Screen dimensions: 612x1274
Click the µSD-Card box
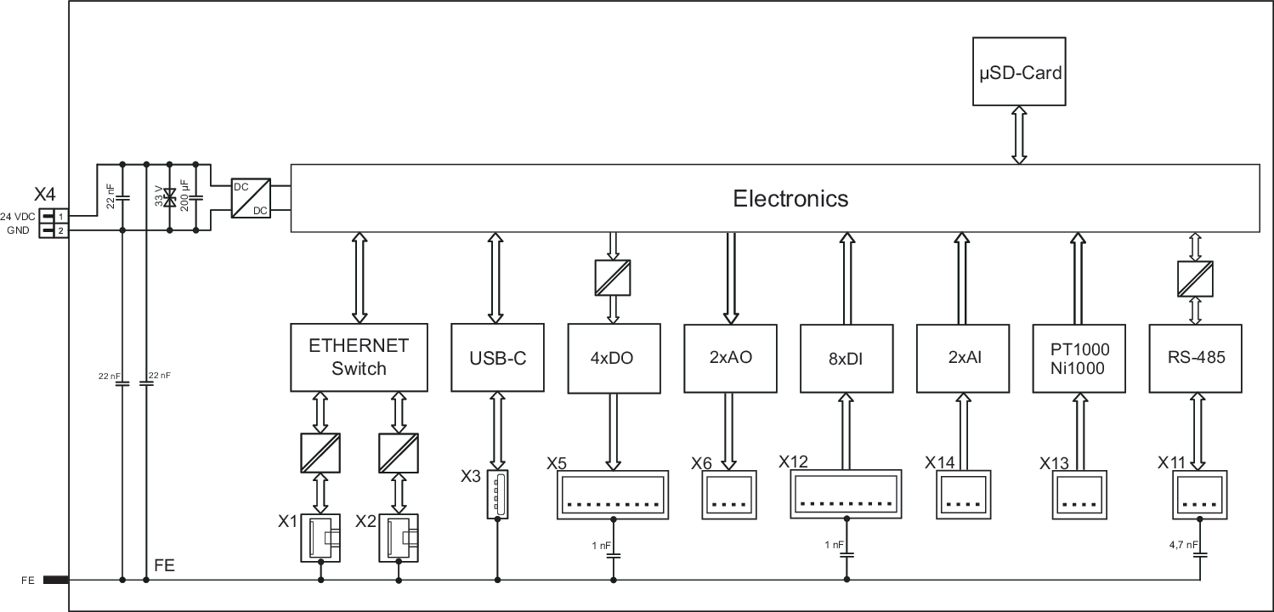(x=1017, y=71)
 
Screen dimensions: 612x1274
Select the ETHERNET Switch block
(x=359, y=357)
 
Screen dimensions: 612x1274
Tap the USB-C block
(x=498, y=357)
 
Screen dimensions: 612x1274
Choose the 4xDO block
(x=611, y=358)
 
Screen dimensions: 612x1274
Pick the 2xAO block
(x=728, y=358)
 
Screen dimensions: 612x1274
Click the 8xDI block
(x=846, y=358)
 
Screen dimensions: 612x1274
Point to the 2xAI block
(x=962, y=358)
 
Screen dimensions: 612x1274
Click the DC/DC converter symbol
(x=252, y=197)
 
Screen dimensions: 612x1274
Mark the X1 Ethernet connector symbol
(x=320, y=537)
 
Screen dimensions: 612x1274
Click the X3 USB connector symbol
(x=497, y=494)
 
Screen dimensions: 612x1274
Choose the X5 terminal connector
(x=612, y=495)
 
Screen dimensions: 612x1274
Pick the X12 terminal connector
(x=846, y=494)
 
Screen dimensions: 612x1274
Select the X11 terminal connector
(x=1199, y=494)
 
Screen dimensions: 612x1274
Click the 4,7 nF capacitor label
(x=1183, y=544)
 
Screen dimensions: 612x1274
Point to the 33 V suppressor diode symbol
(x=170, y=198)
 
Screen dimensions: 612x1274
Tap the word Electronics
(x=790, y=198)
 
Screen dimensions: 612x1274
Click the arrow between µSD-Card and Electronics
(x=1018, y=134)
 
